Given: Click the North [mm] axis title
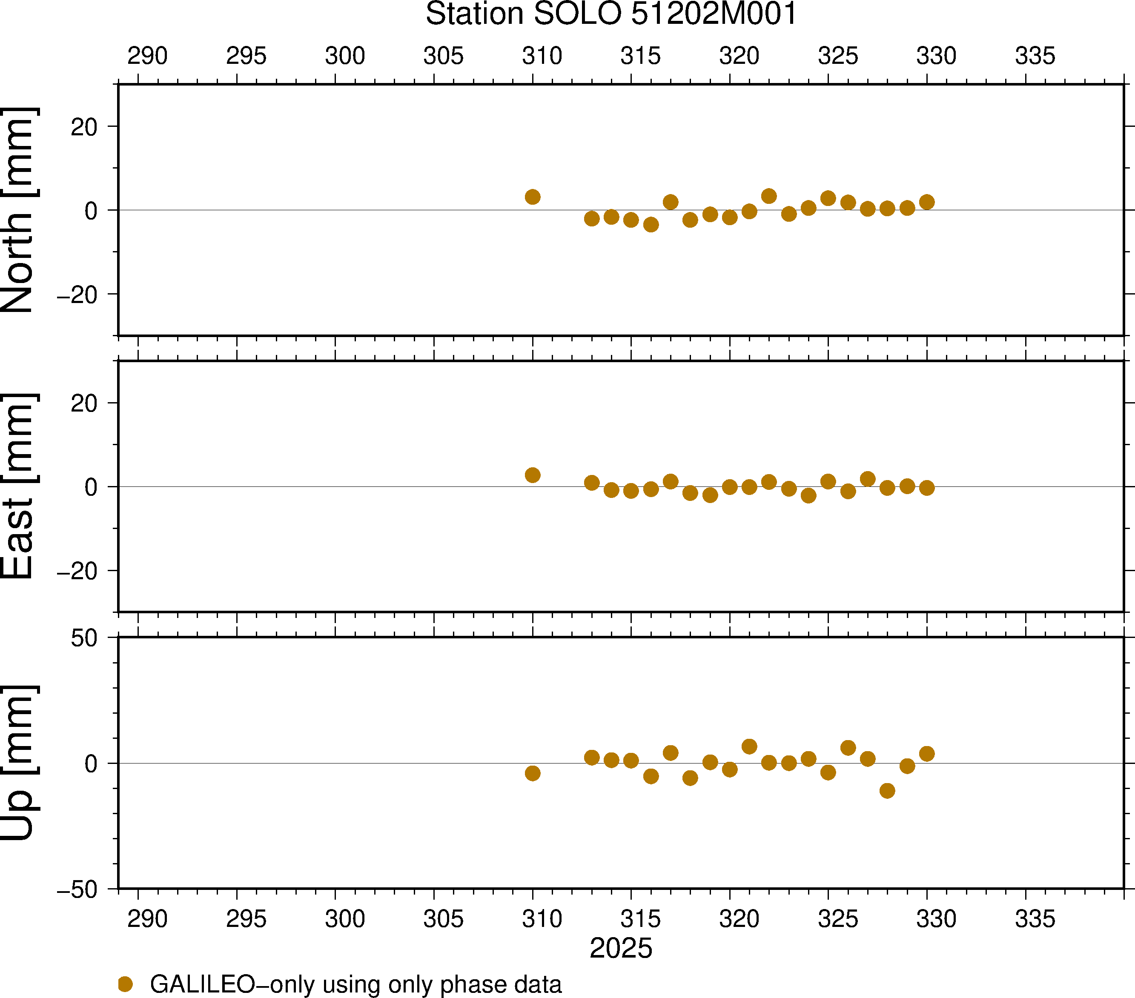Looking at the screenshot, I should pos(19,210).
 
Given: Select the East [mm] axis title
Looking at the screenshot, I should pos(19,486).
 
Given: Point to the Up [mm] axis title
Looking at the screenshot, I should pos(19,763).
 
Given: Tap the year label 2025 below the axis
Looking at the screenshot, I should pos(621,948).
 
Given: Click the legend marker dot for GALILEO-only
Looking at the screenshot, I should pos(126,984).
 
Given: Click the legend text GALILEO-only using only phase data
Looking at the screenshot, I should pos(355,984).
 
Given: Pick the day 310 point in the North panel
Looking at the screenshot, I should pos(533,197).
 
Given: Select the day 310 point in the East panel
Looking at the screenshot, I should pos(533,475).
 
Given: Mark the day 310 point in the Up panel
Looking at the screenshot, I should pos(533,773).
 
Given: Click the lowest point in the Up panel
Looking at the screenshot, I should pos(887,790).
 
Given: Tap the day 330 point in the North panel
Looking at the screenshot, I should pos(926,202).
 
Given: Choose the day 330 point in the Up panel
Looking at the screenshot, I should pos(926,754).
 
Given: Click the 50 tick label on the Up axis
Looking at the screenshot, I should pos(84,638).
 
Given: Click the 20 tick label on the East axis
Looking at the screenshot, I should pos(84,403).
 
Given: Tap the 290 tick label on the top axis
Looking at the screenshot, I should pos(147,56).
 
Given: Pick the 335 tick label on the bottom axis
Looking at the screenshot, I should pos(1035,919).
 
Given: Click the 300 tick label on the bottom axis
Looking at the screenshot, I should pos(345,919).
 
